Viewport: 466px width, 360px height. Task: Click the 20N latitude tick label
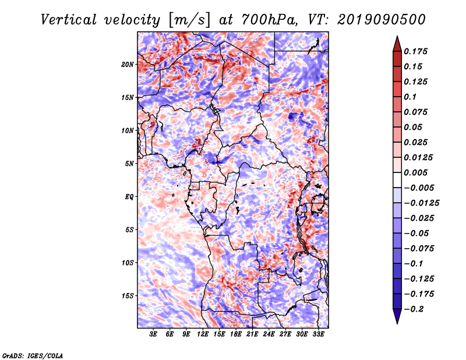pos(128,64)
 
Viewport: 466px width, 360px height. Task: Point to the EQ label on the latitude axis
pos(129,197)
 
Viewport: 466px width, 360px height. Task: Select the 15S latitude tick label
pos(128,296)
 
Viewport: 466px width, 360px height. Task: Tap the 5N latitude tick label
pos(129,164)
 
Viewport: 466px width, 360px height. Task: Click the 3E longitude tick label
pos(154,334)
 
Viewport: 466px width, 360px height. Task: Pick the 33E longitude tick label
pos(318,334)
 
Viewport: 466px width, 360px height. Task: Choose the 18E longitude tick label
pos(236,334)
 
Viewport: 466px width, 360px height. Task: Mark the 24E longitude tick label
pos(269,334)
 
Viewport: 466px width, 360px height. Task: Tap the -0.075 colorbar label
pos(421,249)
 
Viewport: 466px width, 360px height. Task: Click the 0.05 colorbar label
pos(414,127)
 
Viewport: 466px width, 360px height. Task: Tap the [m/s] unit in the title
pos(187,20)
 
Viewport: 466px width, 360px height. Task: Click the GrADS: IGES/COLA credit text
pos(32,355)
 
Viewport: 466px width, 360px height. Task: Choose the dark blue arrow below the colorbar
pos(397,317)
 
